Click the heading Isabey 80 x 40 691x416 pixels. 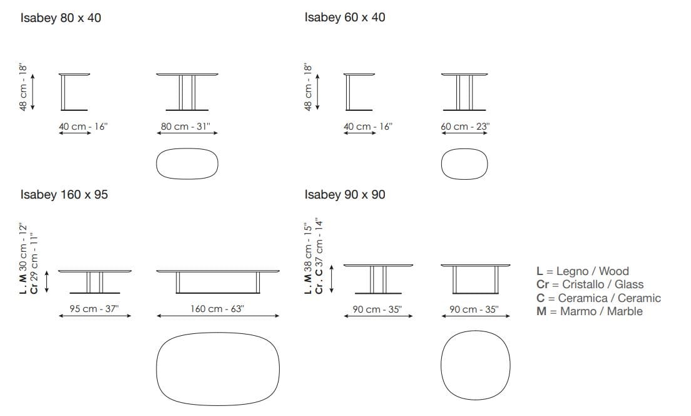pyautogui.click(x=61, y=18)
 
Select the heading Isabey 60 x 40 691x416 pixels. pyautogui.click(x=345, y=18)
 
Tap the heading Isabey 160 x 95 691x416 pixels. pyautogui.click(x=64, y=195)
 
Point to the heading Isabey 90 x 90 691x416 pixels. pyautogui.click(x=345, y=195)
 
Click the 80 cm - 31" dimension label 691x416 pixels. pyautogui.click(x=185, y=126)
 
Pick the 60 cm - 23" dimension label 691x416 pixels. pyautogui.click(x=465, y=126)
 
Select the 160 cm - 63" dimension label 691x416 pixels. pyautogui.click(x=217, y=308)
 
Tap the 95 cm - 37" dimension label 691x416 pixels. pyautogui.click(x=95, y=308)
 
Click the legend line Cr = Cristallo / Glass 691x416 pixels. pyautogui.click(x=590, y=284)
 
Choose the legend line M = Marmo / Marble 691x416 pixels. pyautogui.click(x=589, y=311)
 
